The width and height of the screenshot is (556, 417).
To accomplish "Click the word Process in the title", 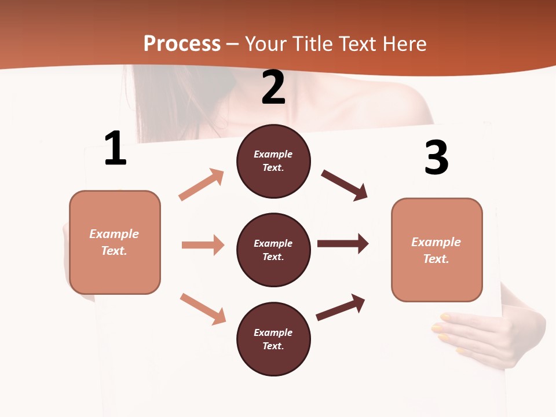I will point(182,43).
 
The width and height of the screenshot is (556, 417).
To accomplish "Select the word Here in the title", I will point(404,43).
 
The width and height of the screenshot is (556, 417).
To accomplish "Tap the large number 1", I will point(115,149).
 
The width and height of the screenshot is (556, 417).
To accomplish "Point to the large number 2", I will point(273,87).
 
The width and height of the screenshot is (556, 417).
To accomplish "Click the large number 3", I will point(437,158).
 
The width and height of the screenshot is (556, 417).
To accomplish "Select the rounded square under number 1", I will point(115,242).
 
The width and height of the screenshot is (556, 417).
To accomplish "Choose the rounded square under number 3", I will point(437,250).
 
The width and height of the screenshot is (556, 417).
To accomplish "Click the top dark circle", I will point(273,161).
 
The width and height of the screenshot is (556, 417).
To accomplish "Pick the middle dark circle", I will point(273,250).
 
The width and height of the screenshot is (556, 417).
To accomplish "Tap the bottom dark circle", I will point(273,339).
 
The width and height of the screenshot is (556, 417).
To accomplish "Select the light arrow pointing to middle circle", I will point(203,245).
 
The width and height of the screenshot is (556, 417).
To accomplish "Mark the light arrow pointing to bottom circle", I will point(203,309).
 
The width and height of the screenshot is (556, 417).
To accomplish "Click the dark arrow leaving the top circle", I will point(345,185).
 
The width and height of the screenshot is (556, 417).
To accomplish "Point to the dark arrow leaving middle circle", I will point(343,244).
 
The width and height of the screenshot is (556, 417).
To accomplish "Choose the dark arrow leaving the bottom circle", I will point(341,307).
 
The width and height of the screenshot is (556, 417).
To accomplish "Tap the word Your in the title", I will point(265,43).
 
